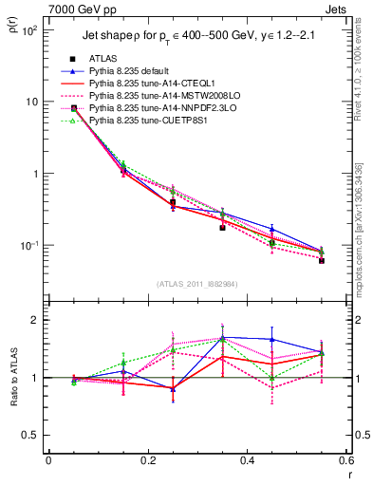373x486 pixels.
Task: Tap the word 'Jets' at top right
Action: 336,10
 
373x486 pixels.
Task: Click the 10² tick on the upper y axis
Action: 28,29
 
